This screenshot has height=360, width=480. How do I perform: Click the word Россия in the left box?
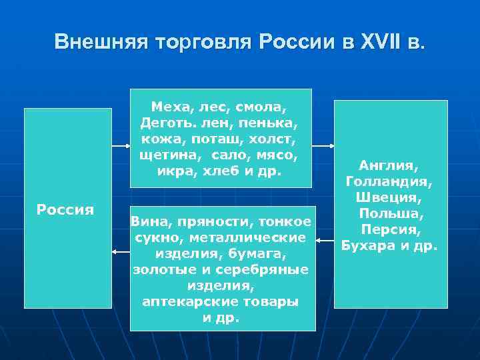coord(65,209)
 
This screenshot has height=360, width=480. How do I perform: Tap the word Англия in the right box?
coord(389,165)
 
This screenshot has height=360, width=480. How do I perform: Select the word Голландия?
coord(389,181)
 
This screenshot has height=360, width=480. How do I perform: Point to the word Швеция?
coord(389,197)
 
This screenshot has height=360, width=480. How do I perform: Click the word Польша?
coord(389,213)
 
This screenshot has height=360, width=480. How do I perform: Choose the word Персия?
coord(389,229)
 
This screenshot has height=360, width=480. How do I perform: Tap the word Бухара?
coord(370,246)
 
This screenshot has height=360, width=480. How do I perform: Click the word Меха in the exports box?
coord(169,107)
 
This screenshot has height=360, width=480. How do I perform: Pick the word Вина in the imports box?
coord(147,221)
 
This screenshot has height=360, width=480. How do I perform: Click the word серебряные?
coord(267,269)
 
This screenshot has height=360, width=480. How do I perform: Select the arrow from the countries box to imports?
coord(325,240)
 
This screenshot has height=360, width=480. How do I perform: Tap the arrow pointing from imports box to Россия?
coord(121,252)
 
